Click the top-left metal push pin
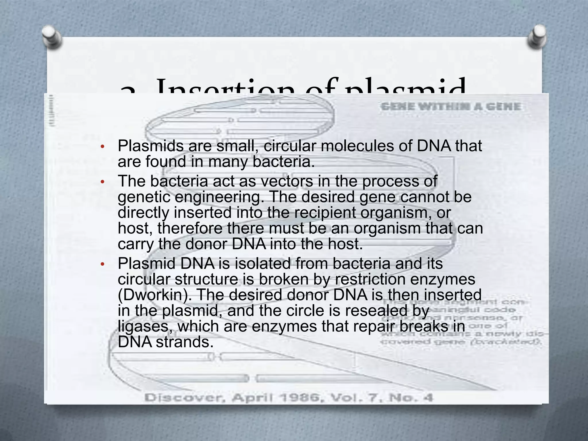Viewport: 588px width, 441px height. pyautogui.click(x=52, y=36)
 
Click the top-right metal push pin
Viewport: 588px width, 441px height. pyautogui.click(x=536, y=36)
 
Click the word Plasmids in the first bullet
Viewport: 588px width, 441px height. pyautogui.click(x=150, y=146)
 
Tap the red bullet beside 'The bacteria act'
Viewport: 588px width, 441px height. pyautogui.click(x=102, y=182)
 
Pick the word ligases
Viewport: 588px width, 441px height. pyautogui.click(x=145, y=326)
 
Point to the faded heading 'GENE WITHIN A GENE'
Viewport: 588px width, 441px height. pyautogui.click(x=450, y=107)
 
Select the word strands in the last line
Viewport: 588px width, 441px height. pyautogui.click(x=185, y=342)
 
